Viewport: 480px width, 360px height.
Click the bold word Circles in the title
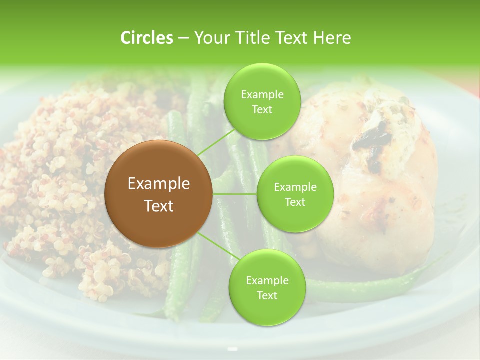tap(147, 38)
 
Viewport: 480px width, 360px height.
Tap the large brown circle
tap(158, 194)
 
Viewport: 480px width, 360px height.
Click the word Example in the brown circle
tap(158, 184)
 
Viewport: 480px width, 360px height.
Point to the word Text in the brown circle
tap(158, 206)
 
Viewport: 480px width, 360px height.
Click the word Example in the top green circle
tap(262, 95)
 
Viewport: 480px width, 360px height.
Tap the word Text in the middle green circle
tap(295, 202)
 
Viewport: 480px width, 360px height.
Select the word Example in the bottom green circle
tap(267, 281)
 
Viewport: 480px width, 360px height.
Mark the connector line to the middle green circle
tap(235, 194)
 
